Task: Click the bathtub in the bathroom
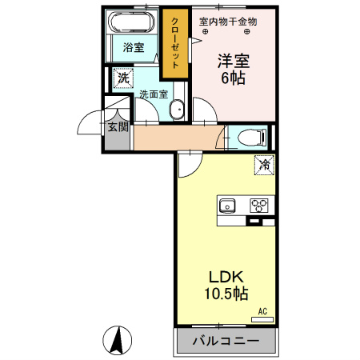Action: pyautogui.click(x=130, y=22)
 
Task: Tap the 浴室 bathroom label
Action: pyautogui.click(x=134, y=48)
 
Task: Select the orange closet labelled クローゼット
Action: pyautogui.click(x=175, y=43)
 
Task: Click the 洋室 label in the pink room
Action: pyautogui.click(x=234, y=61)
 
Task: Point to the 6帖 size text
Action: pyautogui.click(x=234, y=78)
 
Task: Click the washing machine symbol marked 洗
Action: pyautogui.click(x=123, y=78)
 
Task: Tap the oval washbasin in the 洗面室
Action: pyautogui.click(x=177, y=110)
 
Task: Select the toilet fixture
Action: pyautogui.click(x=252, y=138)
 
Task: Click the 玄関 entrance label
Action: pyautogui.click(x=118, y=127)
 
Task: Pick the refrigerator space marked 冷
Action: pyautogui.click(x=264, y=165)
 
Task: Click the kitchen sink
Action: pyautogui.click(x=227, y=206)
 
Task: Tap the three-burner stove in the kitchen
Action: pyautogui.click(x=259, y=206)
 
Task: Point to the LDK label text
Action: pyautogui.click(x=226, y=277)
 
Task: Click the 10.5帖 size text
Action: pyautogui.click(x=226, y=294)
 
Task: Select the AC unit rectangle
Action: pyautogui.click(x=262, y=319)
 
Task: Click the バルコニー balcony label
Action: pyautogui.click(x=226, y=341)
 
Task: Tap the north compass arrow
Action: pyautogui.click(x=118, y=341)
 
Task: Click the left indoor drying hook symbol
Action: pyautogui.click(x=205, y=31)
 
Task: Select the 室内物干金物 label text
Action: pyautogui.click(x=228, y=22)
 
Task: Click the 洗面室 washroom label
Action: pyautogui.click(x=154, y=94)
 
